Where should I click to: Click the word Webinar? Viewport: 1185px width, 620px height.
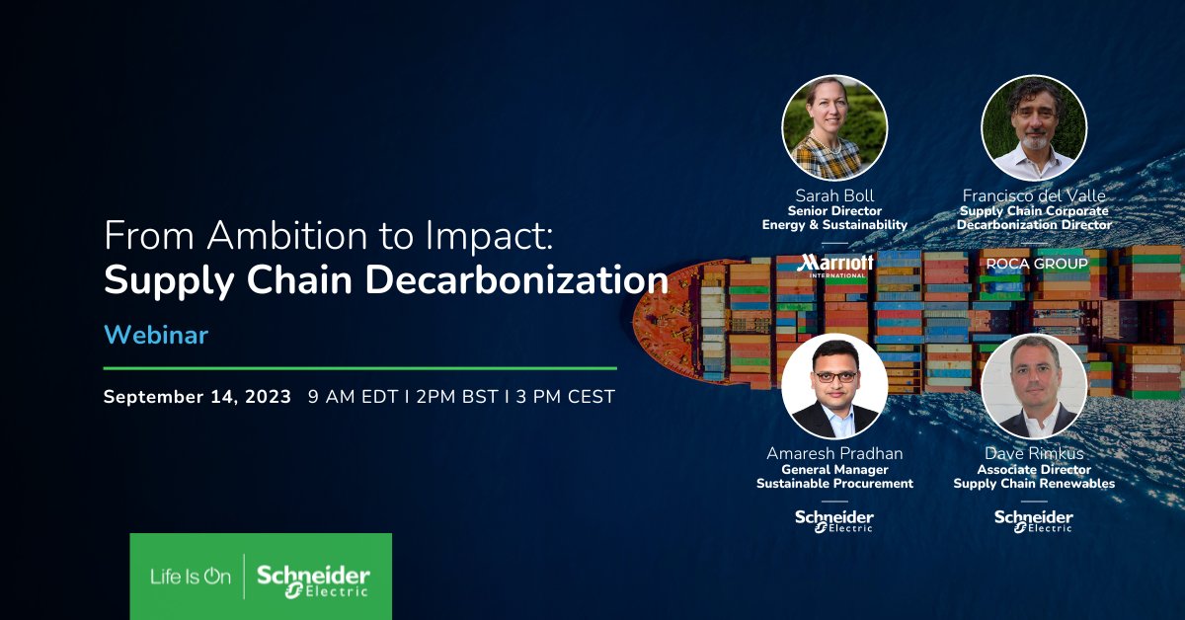point(156,335)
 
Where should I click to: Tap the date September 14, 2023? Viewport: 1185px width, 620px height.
point(197,397)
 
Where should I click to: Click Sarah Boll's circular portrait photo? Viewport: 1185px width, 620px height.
point(834,127)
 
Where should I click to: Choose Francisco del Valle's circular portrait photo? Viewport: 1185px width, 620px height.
point(1034,127)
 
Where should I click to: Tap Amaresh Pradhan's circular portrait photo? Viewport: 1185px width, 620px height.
point(834,386)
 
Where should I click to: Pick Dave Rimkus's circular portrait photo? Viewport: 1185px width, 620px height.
point(1034,386)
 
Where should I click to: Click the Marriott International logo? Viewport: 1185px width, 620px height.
point(834,266)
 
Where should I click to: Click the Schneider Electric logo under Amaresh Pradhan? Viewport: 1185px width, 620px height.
point(834,520)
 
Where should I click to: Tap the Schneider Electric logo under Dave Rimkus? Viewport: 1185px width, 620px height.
point(1034,520)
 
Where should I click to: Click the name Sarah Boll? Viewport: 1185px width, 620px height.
point(834,195)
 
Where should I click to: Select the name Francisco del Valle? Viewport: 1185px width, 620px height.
point(1034,195)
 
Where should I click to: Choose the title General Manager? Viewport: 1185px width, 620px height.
point(834,469)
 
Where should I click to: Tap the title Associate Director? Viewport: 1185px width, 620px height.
point(1034,469)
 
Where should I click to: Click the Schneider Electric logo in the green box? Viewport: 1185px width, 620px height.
point(313,579)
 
